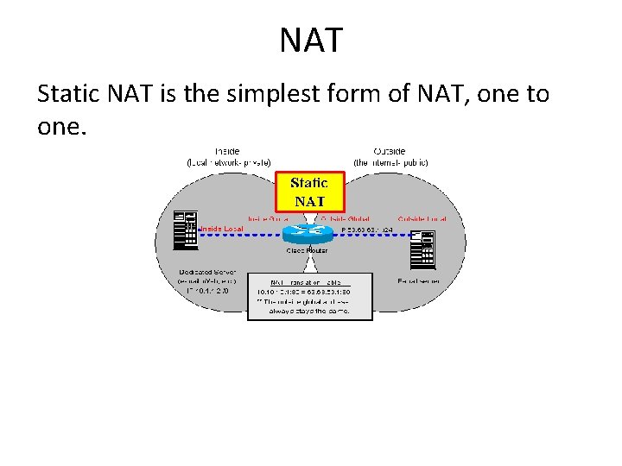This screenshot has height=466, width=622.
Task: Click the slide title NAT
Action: tap(311, 40)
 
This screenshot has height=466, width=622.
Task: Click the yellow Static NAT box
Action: tap(309, 192)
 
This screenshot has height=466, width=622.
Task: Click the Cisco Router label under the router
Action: tap(307, 250)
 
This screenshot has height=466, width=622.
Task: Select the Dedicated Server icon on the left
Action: tap(185, 230)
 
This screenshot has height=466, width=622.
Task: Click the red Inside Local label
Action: tap(222, 229)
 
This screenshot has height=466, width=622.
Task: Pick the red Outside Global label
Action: tap(345, 219)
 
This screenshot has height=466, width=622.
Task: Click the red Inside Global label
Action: tap(268, 219)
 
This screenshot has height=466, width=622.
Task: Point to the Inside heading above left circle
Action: tap(228, 150)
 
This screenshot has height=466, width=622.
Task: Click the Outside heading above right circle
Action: tap(390, 150)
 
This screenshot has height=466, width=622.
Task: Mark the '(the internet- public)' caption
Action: tap(390, 162)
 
